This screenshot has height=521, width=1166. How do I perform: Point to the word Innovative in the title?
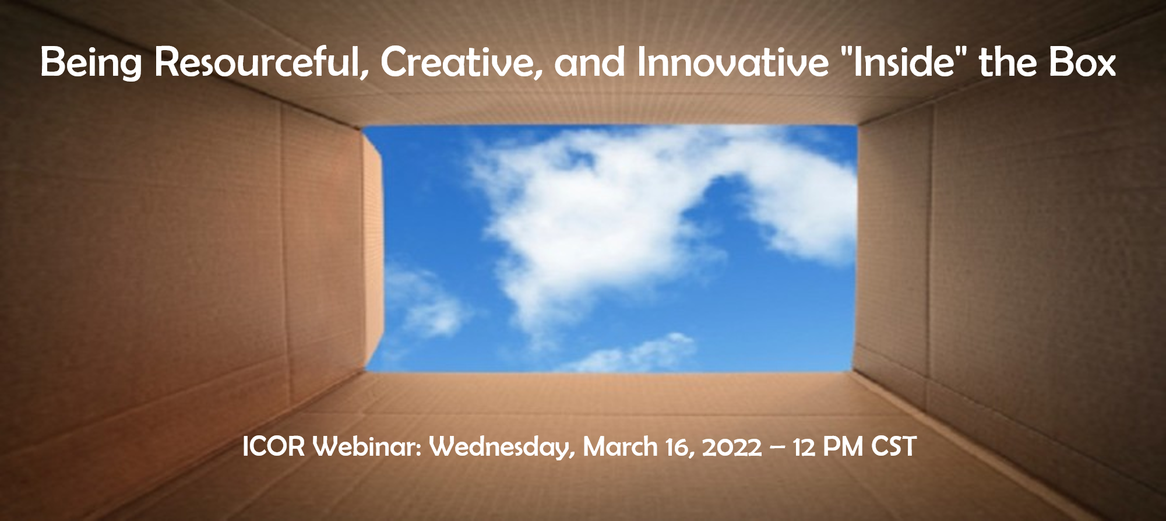click(x=732, y=62)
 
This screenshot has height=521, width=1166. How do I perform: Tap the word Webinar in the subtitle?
click(x=367, y=447)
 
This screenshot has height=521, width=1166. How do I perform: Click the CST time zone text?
click(x=894, y=447)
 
